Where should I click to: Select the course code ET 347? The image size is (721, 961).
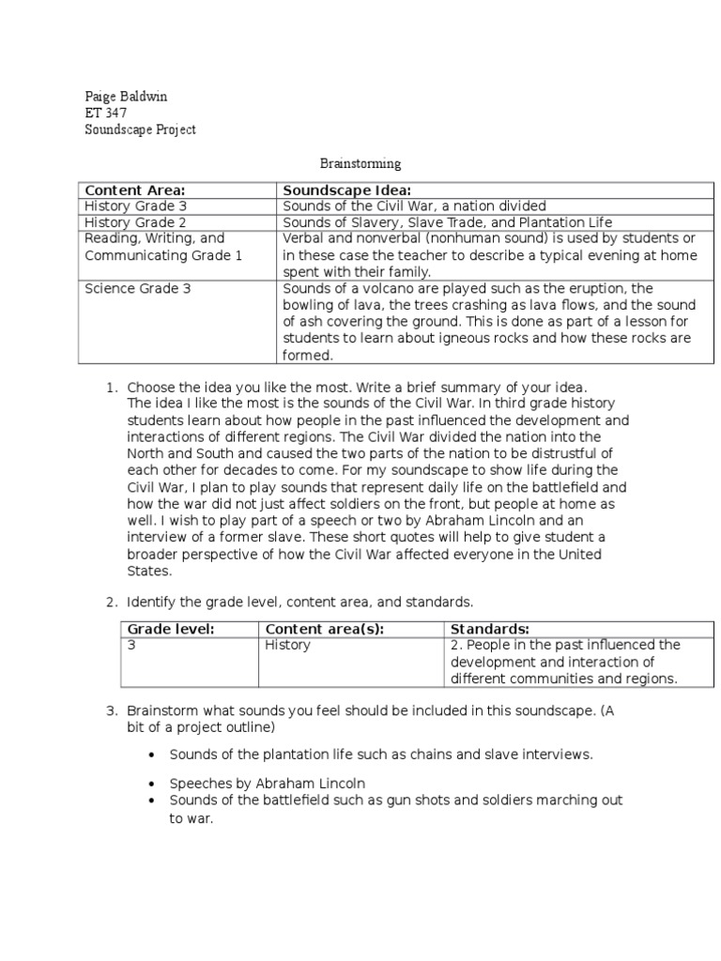[105, 113]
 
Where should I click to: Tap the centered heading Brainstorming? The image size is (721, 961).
[361, 163]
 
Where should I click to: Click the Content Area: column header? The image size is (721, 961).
[134, 190]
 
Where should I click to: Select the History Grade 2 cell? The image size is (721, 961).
[137, 222]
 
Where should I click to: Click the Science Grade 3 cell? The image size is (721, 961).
[138, 289]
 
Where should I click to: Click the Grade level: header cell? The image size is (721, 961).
[171, 629]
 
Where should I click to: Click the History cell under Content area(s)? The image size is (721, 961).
[287, 646]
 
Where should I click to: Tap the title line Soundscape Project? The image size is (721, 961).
[140, 130]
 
